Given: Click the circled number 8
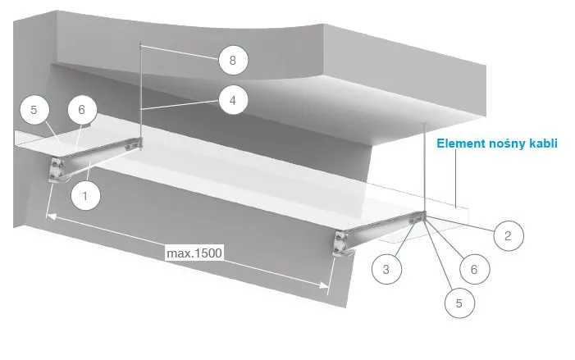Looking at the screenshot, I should (x=233, y=61).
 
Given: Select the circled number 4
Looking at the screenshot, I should (x=233, y=101).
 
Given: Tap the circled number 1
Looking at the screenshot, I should (x=86, y=196).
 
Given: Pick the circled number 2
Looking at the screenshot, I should (x=508, y=237).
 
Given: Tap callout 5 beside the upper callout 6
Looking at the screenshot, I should (x=34, y=110).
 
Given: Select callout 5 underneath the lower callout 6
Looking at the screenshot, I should (x=458, y=303).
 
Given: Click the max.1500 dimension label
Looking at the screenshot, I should (x=194, y=251).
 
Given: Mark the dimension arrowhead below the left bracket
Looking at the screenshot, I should (x=49, y=216).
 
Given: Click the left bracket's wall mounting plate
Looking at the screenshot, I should (x=57, y=168).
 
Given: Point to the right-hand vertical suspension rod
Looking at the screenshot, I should (x=426, y=164).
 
